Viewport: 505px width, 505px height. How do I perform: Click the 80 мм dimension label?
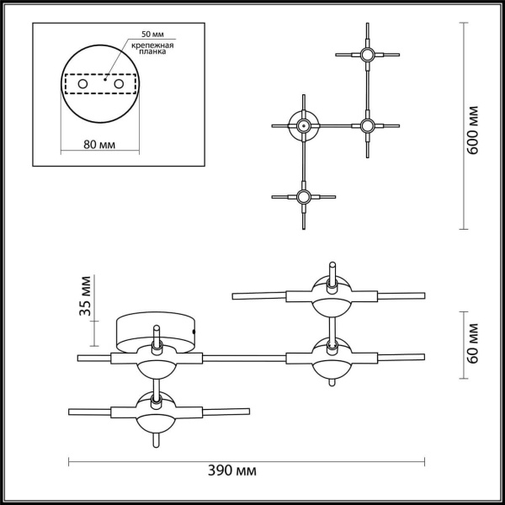(100, 145)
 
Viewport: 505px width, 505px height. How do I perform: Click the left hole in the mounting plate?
(82, 84)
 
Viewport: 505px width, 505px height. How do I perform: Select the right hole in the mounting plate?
(119, 84)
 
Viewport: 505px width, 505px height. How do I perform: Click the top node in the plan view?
(366, 56)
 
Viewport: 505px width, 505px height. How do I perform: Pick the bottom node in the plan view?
(301, 198)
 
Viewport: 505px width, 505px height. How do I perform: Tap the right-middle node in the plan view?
(366, 126)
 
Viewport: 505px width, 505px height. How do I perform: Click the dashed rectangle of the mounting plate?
(100, 84)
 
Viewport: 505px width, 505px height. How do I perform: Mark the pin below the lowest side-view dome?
(156, 439)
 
